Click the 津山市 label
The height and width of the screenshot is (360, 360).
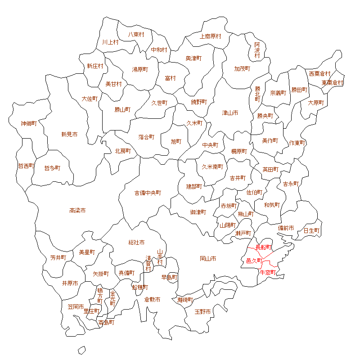[230, 112]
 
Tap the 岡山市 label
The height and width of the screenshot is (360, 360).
[208, 259]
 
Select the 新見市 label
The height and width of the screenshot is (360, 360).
[69, 134]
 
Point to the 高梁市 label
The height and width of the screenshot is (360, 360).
[77, 211]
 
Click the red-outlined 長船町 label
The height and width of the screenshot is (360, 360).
[263, 247]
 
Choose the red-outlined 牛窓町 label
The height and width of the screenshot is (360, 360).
[268, 272]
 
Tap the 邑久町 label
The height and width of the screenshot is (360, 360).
[254, 261]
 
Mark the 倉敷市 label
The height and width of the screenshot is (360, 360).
[152, 299]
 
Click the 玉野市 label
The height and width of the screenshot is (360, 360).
[202, 311]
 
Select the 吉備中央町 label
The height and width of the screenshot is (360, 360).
[148, 193]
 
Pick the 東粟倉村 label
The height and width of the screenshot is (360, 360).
[333, 83]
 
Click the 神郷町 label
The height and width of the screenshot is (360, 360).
[29, 123]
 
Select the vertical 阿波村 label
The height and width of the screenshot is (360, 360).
[257, 50]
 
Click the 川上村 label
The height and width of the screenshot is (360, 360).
[110, 42]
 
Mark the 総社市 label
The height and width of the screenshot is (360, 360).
[136, 243]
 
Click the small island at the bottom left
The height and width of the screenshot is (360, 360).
[81, 350]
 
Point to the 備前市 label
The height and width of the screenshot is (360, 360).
[286, 228]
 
